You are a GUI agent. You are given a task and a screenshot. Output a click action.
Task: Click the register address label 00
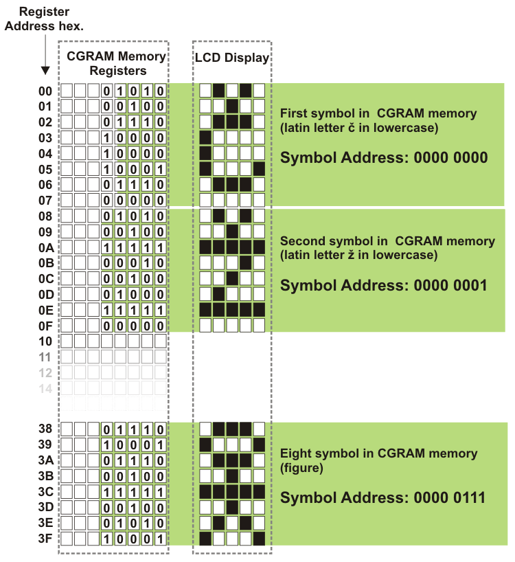pos(46,91)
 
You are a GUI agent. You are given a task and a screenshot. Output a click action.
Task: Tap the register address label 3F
pos(45,539)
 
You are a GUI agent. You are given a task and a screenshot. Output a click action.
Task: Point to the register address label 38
pos(45,429)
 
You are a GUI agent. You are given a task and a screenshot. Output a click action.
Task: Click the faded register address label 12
pos(45,372)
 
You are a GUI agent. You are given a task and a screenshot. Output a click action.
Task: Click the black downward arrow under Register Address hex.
pos(45,69)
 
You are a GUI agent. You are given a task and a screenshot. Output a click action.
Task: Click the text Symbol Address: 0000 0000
pos(384,158)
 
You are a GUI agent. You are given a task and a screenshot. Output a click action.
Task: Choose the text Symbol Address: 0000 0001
pos(384,285)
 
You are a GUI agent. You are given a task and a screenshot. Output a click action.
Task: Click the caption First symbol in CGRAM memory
pos(378,113)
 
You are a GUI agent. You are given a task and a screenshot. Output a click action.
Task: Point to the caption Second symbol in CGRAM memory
pos(387,242)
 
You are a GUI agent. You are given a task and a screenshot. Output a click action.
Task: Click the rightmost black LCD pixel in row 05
pos(259,168)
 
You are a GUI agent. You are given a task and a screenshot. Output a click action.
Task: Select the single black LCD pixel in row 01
pos(232,106)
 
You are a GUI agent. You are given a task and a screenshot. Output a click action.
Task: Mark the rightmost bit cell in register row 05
pos(160,168)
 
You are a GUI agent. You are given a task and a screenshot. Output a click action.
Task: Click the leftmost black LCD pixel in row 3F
pos(205,539)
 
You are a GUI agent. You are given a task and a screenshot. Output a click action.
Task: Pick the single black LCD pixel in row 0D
pos(219,294)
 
